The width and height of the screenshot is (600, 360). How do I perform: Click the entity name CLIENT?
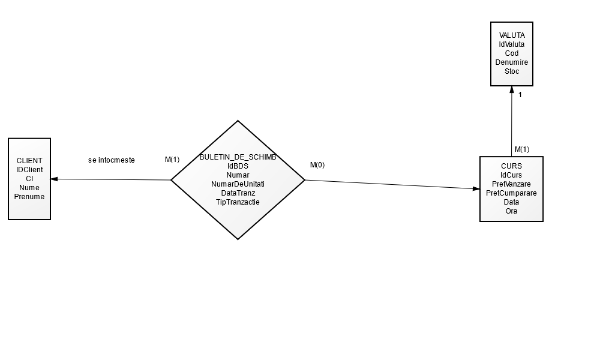pos(29,160)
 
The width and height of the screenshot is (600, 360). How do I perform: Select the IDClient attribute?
pos(29,169)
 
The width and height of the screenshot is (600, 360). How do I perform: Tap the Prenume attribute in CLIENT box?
pos(29,196)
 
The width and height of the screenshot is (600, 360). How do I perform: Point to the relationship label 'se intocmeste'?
pos(112,160)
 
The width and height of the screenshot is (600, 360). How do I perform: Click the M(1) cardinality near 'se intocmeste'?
pos(172,160)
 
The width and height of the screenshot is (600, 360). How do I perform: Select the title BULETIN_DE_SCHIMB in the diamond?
pos(238,157)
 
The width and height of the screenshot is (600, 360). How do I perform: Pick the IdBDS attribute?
pos(238,166)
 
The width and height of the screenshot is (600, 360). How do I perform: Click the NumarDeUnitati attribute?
pos(238,184)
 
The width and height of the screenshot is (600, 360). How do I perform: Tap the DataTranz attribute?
pos(238,193)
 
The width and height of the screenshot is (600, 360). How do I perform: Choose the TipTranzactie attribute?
pos(238,202)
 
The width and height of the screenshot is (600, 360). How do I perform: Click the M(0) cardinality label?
pos(317,165)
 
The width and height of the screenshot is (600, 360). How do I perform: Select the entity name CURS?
pos(511,166)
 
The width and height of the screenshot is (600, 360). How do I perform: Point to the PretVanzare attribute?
pos(511,184)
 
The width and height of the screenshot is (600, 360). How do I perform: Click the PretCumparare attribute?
pos(511,193)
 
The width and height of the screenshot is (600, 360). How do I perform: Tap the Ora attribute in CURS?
pos(511,211)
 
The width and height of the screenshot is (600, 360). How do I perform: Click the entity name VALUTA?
pos(512,35)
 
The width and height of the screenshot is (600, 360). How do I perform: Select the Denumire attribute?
pos(512,62)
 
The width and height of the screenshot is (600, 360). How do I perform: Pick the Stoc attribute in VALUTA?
pos(512,71)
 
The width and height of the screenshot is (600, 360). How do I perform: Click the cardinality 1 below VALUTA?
pos(520,95)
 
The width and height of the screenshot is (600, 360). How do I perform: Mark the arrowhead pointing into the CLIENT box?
pos(54,179)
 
